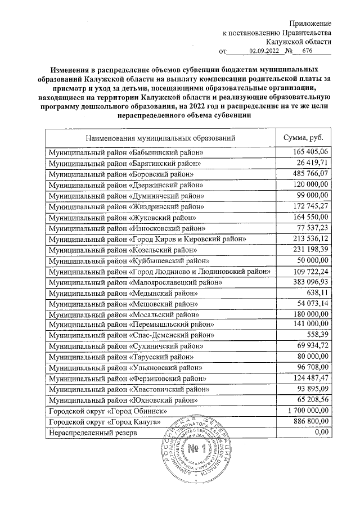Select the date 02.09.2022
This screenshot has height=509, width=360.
[x=264, y=51]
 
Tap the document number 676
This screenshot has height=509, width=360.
[x=307, y=51]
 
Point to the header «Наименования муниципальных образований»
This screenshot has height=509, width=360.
[x=160, y=137]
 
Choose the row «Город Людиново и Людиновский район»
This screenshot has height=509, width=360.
[x=161, y=272]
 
